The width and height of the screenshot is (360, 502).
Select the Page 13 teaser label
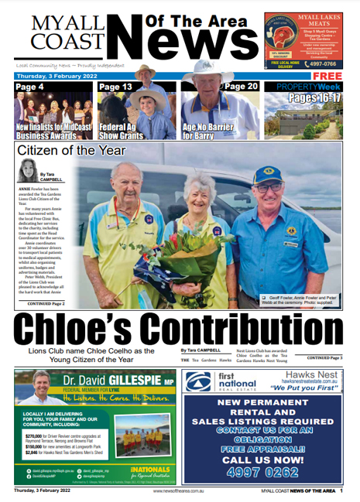115,87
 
